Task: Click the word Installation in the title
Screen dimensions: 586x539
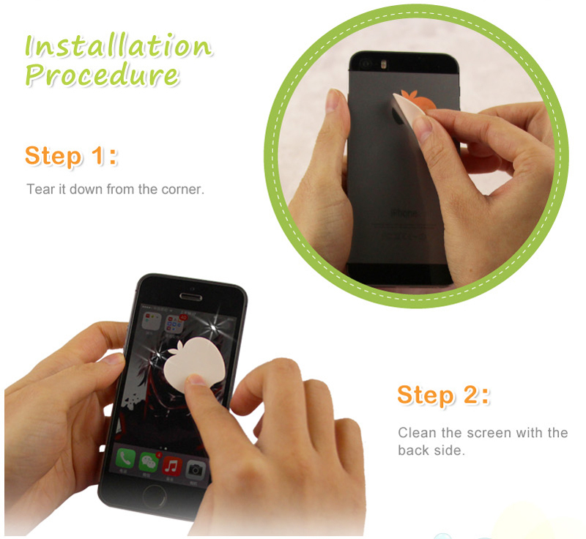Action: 119,45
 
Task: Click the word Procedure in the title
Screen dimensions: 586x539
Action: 102,75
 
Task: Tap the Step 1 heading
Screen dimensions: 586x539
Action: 71,155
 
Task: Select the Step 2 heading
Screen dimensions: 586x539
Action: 443,395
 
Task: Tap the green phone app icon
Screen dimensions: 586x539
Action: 125,458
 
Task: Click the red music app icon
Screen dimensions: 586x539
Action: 171,466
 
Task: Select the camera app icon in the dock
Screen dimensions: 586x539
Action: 195,470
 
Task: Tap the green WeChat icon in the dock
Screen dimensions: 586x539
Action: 149,462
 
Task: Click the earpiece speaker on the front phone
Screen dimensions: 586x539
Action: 191,297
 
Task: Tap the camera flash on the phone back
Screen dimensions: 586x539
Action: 382,64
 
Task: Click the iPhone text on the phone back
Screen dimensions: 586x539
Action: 404,213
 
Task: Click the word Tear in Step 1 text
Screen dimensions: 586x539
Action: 38,190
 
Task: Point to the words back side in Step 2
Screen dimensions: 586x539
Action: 431,450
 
